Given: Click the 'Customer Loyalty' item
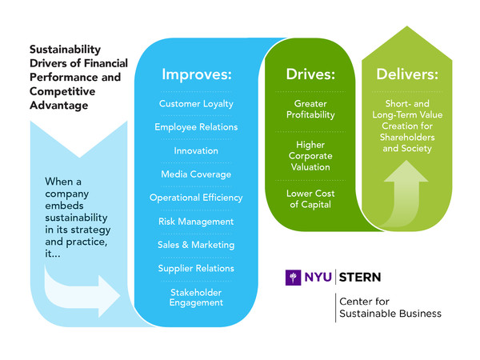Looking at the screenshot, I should [x=196, y=104].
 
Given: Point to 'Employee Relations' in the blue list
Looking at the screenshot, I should [x=196, y=127].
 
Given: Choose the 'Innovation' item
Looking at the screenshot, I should [x=196, y=150].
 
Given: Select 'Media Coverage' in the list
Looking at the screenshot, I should [x=196, y=174].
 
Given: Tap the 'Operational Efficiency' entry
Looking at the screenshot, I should [x=196, y=198].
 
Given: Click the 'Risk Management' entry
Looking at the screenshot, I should [x=196, y=221].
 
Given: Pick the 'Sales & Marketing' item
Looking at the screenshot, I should [x=196, y=244].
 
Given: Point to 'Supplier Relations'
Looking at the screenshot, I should [x=196, y=268].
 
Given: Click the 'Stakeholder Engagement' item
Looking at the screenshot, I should [x=196, y=298].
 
